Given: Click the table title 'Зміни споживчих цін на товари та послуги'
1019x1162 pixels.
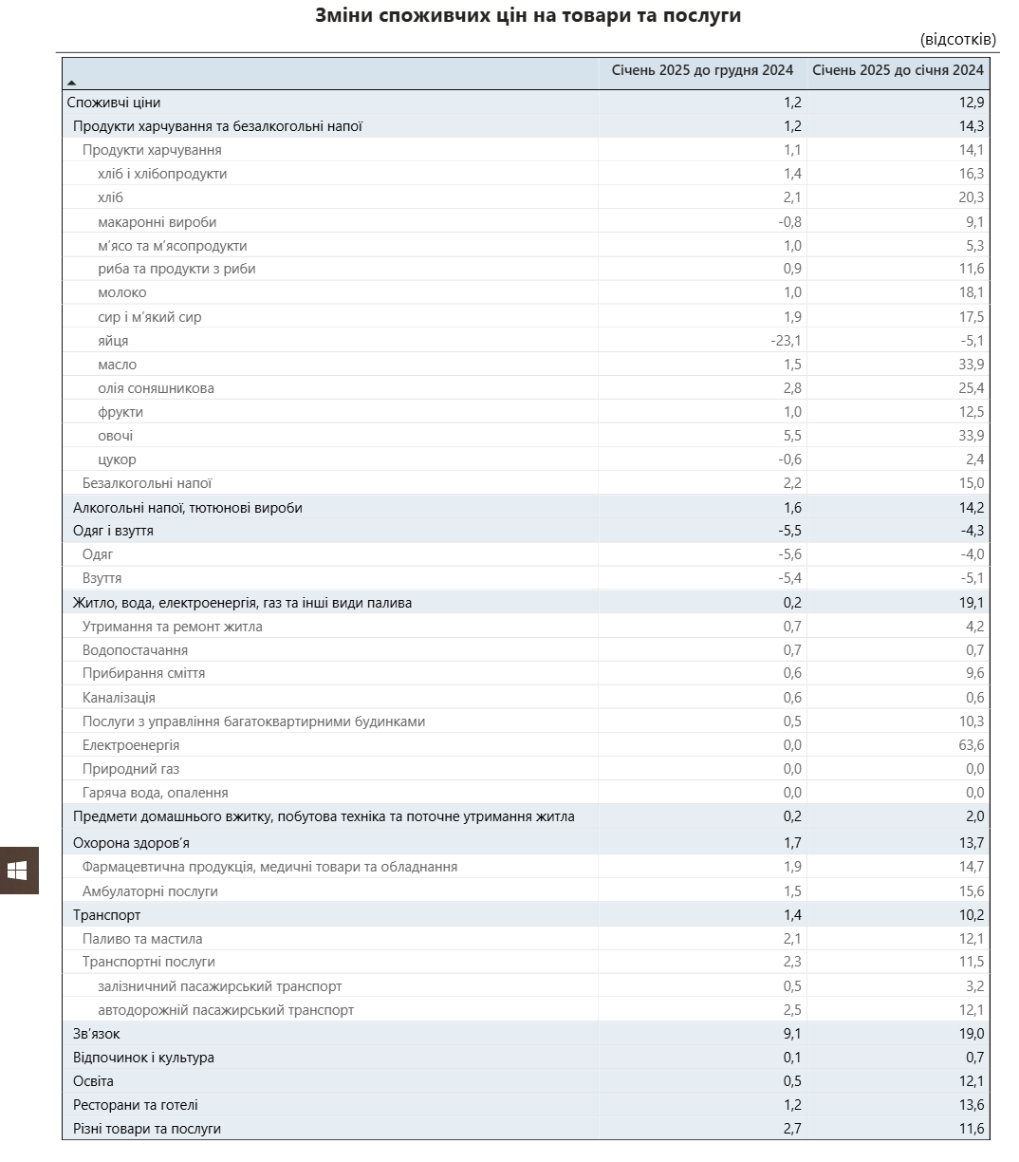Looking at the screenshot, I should pyautogui.click(x=528, y=16).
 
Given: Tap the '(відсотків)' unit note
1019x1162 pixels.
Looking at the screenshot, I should pyautogui.click(x=957, y=40).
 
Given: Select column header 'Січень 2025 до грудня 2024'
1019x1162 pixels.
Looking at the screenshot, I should pyautogui.click(x=702, y=70).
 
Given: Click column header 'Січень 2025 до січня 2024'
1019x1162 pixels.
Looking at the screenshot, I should pyautogui.click(x=898, y=70).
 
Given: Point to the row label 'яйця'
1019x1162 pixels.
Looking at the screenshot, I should pyautogui.click(x=113, y=341).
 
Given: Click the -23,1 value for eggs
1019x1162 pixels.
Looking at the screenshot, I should pyautogui.click(x=786, y=341).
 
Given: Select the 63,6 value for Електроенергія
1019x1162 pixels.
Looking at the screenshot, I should pyautogui.click(x=971, y=745).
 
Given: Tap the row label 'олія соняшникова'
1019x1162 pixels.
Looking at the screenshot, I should pyautogui.click(x=156, y=388).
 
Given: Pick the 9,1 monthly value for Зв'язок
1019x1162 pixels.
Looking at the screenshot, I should pyautogui.click(x=792, y=1034).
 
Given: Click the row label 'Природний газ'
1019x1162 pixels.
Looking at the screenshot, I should pyautogui.click(x=131, y=769).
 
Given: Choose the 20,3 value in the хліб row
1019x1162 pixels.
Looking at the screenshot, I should pyautogui.click(x=971, y=197).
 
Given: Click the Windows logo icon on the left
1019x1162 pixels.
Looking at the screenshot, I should pyautogui.click(x=17, y=871).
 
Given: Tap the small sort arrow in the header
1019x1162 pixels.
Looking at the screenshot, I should pyautogui.click(x=71, y=84).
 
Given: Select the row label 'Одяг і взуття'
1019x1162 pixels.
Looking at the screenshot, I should pyautogui.click(x=113, y=531).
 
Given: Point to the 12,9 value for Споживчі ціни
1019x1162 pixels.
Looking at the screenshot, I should pyautogui.click(x=971, y=103).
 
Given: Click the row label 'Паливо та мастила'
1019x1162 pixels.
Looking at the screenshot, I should pyautogui.click(x=142, y=939).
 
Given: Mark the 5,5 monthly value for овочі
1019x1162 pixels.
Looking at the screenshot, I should pyautogui.click(x=792, y=436).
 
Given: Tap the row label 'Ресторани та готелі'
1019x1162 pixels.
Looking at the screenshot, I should pyautogui.click(x=136, y=1105).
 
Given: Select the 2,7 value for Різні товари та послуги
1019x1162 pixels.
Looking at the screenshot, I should pyautogui.click(x=792, y=1129).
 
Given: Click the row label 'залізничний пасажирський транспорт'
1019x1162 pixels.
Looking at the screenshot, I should pyautogui.click(x=219, y=986).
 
